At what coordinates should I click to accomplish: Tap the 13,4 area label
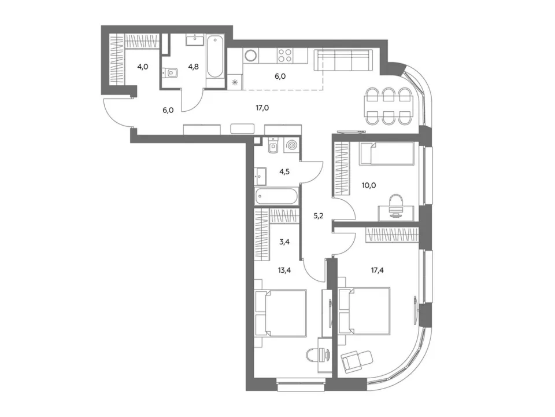[x=285, y=270]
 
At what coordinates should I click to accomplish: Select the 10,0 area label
[x=369, y=185]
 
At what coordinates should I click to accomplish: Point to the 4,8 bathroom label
[x=193, y=66]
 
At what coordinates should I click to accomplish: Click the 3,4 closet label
[x=284, y=242]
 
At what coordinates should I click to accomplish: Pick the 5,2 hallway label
[x=318, y=216]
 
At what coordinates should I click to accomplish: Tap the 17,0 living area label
[x=262, y=108]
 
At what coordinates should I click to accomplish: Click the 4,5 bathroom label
[x=284, y=171]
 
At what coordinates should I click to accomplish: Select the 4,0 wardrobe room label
[x=143, y=66]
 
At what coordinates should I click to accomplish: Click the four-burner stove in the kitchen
[x=284, y=55]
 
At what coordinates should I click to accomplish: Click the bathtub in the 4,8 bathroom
[x=215, y=56]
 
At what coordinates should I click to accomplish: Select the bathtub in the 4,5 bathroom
[x=276, y=196]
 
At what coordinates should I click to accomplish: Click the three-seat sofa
[x=343, y=60]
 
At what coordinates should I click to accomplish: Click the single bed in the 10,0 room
[x=387, y=153]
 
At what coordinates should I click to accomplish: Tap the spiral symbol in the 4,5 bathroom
[x=293, y=146]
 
